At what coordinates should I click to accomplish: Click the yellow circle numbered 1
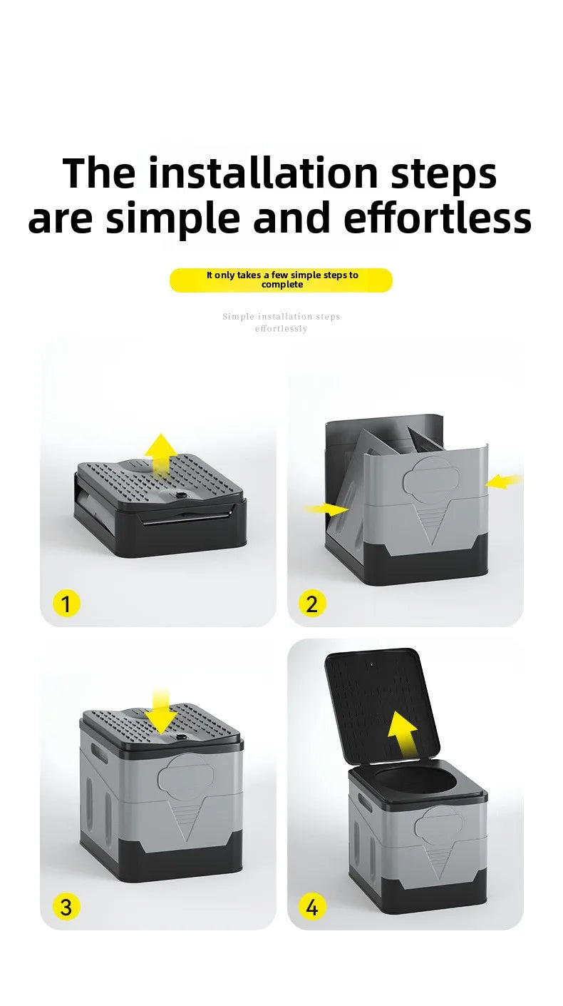coord(66,604)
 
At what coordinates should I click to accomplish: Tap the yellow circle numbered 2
coord(311,604)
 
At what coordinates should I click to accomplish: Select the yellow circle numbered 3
coord(66,907)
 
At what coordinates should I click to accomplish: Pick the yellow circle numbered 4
coord(311,907)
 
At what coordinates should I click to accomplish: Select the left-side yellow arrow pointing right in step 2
coord(326,509)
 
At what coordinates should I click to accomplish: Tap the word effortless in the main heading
coord(438,219)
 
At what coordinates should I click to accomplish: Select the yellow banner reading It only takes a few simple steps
coord(281,280)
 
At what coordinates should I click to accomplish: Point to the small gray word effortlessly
coord(281,329)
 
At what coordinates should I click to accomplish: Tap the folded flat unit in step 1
coord(160,507)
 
